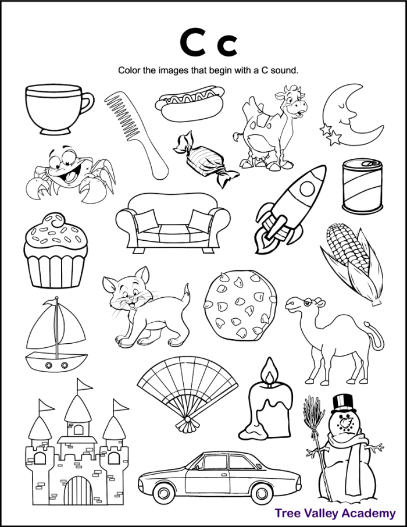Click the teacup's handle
point(86,105)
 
